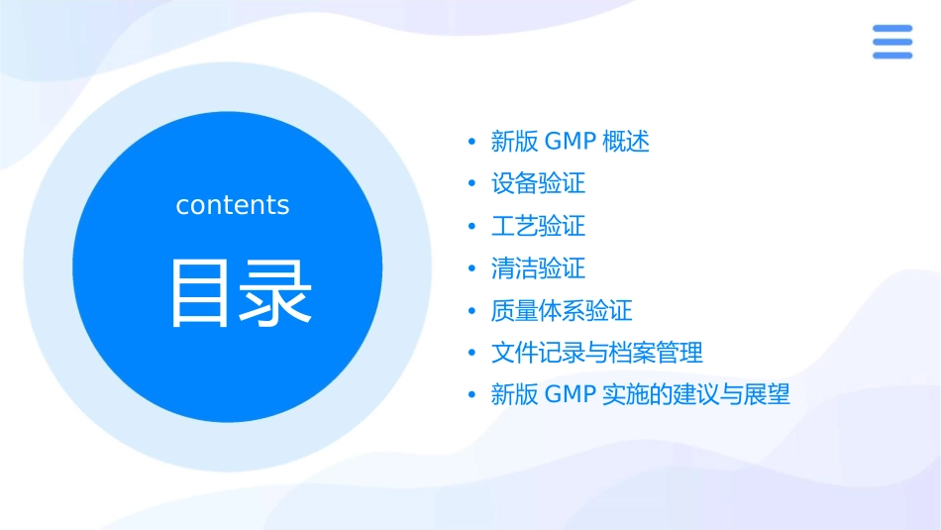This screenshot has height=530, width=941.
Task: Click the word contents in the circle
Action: (x=233, y=205)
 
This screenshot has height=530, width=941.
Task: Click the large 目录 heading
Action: (x=242, y=292)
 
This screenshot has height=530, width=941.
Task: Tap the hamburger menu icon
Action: (x=892, y=43)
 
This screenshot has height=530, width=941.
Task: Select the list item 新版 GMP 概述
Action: (x=571, y=142)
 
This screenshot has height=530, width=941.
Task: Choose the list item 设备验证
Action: (x=539, y=184)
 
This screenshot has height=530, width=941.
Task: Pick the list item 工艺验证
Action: (x=539, y=227)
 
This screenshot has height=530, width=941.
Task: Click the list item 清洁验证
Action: (x=539, y=268)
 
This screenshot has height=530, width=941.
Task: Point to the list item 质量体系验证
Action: (x=562, y=311)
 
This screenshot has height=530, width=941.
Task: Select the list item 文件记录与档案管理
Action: (x=597, y=353)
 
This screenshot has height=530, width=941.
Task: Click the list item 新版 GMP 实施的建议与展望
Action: (x=641, y=395)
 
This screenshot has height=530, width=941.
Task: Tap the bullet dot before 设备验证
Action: (x=472, y=184)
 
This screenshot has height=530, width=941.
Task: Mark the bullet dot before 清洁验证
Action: (x=472, y=268)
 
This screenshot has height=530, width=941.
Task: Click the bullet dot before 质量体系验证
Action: (x=472, y=311)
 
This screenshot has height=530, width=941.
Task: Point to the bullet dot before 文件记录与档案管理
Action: (x=472, y=353)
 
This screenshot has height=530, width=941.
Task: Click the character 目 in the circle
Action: (x=203, y=292)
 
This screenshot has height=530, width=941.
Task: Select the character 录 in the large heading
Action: (x=278, y=292)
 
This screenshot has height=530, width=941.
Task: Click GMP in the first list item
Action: (x=570, y=142)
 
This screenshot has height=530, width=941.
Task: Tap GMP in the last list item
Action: (x=570, y=395)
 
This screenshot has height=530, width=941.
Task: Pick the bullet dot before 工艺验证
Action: (x=472, y=227)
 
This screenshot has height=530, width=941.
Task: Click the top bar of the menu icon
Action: (x=892, y=29)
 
